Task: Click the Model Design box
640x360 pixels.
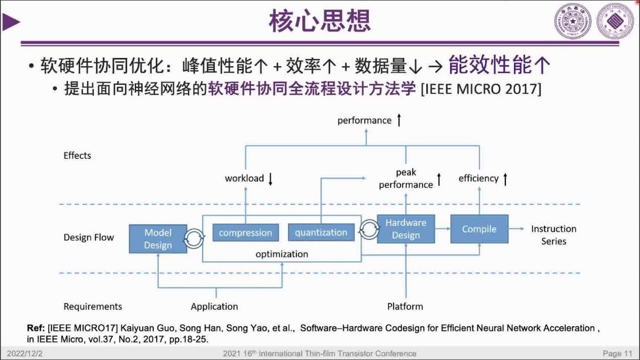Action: (158, 238)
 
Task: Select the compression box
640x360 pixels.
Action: (245, 232)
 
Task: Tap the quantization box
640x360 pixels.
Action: (321, 232)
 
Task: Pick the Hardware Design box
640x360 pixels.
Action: (406, 229)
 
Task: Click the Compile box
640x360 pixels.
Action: (479, 229)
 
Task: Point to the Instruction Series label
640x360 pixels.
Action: (553, 235)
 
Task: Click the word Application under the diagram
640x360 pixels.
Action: (214, 307)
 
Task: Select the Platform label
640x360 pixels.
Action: (405, 307)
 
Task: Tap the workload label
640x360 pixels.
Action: (244, 178)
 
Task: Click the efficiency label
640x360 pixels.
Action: (478, 178)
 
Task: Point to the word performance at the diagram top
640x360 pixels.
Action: (364, 121)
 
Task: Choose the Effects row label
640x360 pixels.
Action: (77, 155)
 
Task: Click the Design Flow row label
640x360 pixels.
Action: (89, 237)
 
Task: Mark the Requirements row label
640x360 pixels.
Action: (93, 307)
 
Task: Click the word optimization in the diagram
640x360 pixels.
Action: (282, 254)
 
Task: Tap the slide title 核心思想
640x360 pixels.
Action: (320, 21)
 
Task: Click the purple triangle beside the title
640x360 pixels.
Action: (11, 22)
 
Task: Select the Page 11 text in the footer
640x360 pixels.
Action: (617, 353)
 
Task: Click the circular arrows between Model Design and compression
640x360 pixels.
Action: (194, 238)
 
